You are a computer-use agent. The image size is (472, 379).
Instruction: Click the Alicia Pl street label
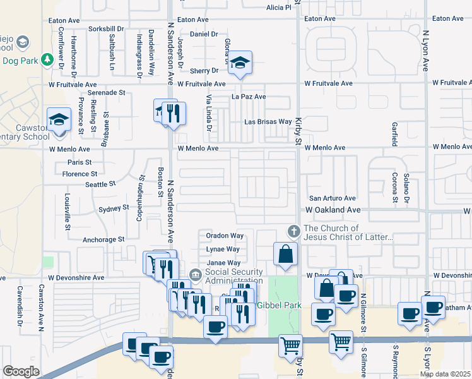(x=279, y=8)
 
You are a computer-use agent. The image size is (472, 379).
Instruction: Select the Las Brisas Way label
(x=268, y=122)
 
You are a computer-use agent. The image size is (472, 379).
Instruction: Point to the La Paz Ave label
(x=249, y=97)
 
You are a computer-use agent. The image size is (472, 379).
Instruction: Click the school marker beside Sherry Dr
(x=240, y=63)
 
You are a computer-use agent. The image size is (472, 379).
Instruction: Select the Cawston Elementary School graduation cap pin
(x=59, y=119)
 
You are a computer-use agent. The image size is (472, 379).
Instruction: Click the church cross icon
(x=293, y=231)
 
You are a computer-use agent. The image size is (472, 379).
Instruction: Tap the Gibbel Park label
(x=279, y=306)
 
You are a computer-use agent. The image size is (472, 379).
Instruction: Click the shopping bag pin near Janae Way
(x=286, y=254)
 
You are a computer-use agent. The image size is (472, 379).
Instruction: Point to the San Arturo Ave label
(x=332, y=198)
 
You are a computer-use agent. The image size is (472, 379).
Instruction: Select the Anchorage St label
(x=103, y=240)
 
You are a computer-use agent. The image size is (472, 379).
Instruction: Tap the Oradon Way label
(x=225, y=236)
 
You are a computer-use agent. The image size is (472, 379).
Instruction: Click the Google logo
(x=21, y=371)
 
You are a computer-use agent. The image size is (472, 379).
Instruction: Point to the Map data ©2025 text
(x=445, y=374)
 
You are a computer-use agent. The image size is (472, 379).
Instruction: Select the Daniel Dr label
(x=203, y=34)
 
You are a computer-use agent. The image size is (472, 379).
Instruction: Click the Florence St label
(x=80, y=174)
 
